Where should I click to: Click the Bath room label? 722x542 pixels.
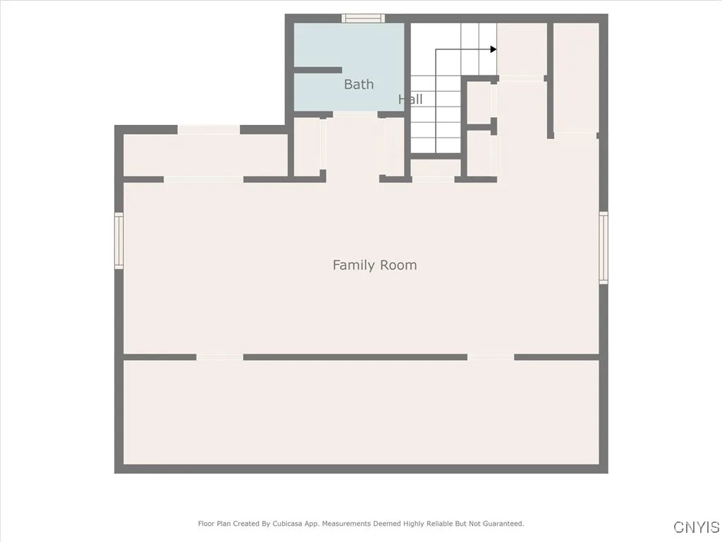[359, 85]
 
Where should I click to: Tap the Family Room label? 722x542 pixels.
[375, 265]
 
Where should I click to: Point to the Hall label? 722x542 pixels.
[410, 99]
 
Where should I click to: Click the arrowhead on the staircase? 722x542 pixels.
[494, 49]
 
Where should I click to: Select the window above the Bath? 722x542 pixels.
[363, 18]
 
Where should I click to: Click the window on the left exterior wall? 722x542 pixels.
[118, 241]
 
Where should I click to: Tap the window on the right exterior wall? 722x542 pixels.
[604, 247]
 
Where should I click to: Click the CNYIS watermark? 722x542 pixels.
[697, 526]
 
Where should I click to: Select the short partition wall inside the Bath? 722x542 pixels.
[318, 70]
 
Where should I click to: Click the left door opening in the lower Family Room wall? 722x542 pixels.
[220, 357]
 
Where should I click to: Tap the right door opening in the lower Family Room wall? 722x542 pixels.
[491, 357]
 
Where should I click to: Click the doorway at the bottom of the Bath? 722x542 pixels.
[355, 114]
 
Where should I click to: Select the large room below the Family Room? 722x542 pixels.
[362, 412]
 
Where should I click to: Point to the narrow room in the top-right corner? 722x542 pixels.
[575, 78]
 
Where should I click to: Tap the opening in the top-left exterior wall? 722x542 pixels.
[209, 130]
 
